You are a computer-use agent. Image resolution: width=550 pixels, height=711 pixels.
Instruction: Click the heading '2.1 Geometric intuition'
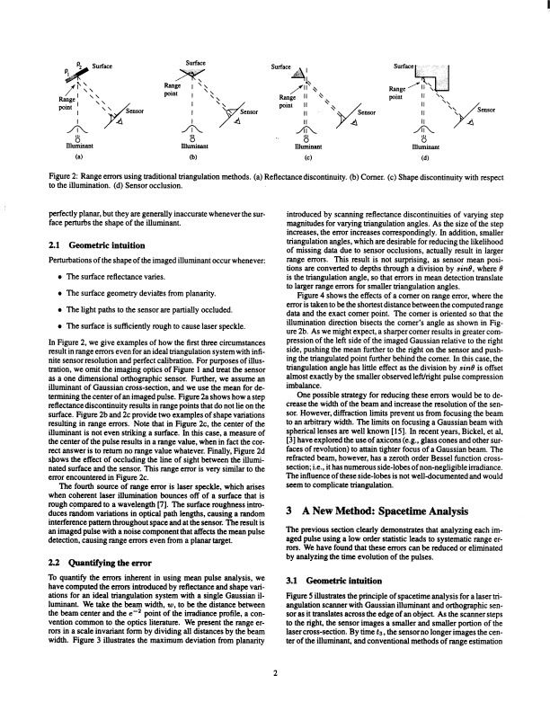94,243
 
